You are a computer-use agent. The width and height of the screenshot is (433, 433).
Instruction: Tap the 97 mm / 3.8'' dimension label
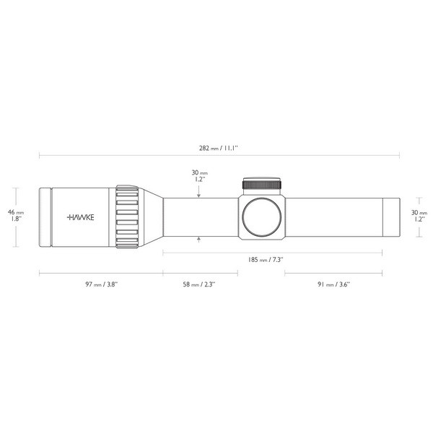coord(101,285)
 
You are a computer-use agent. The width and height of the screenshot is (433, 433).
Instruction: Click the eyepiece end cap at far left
coord(45,216)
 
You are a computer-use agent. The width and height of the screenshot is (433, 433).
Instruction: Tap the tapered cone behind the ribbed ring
coord(150,216)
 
